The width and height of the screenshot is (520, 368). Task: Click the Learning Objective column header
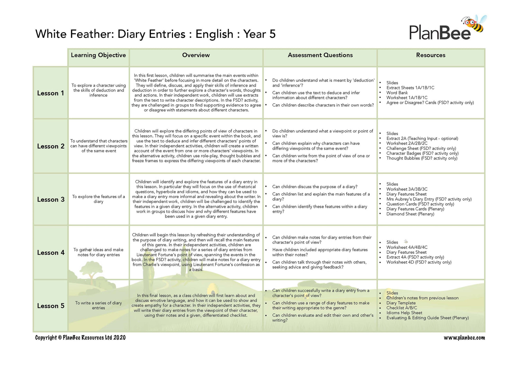point(98,55)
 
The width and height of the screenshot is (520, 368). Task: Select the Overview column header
point(196,55)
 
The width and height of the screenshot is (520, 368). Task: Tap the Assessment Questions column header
point(320,55)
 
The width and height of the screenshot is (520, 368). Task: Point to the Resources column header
point(431,55)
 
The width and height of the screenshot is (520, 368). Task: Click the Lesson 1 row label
point(51,93)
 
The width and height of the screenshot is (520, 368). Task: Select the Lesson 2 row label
point(51,146)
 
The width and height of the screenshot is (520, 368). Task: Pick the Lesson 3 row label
point(51,199)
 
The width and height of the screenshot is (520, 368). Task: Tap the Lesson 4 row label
point(51,253)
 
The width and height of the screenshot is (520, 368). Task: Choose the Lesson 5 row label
point(51,306)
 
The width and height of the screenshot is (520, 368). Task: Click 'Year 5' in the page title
point(259,34)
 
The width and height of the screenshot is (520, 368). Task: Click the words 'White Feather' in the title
point(74,34)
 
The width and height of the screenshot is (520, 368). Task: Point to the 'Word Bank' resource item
point(397,93)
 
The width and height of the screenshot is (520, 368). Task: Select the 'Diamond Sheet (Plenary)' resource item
point(410,214)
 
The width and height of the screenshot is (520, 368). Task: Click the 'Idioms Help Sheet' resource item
point(404,313)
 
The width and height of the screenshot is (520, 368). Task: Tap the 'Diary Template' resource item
point(401,303)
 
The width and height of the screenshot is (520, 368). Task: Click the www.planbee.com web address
point(464,338)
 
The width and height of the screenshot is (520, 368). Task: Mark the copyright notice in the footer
point(80,338)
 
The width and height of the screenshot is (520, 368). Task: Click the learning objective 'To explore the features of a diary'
point(98,199)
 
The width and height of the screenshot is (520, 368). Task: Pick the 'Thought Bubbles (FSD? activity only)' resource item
point(422,158)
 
